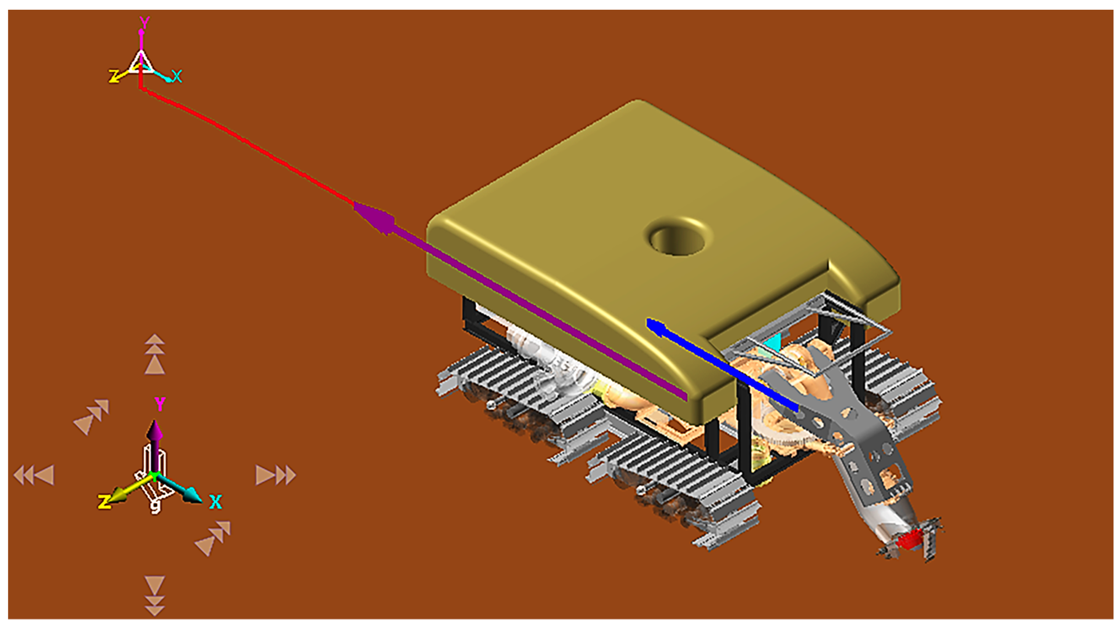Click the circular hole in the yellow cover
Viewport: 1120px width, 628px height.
677,238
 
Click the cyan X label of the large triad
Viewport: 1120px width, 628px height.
215,502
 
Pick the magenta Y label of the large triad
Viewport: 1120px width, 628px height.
160,404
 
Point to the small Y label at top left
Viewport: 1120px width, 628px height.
144,22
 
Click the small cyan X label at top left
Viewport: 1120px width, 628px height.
176,76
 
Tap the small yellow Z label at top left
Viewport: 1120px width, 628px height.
114,77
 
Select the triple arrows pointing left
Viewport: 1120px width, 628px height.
34,475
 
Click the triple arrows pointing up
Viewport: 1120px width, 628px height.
155,354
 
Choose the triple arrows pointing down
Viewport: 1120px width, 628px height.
155,595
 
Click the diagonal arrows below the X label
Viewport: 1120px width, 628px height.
213,538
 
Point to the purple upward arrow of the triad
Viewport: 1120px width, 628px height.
155,439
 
